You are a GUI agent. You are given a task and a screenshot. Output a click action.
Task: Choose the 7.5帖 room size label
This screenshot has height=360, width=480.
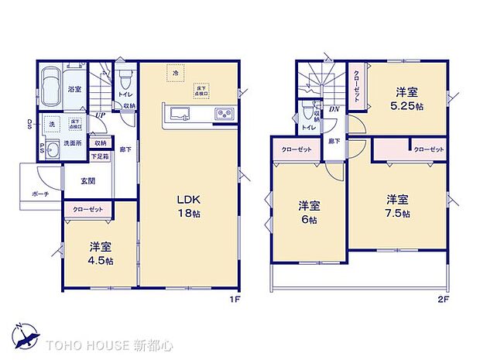[398, 205]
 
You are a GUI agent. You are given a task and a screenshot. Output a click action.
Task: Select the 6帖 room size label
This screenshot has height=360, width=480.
[310, 214]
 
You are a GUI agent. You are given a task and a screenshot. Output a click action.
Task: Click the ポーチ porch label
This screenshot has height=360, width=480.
[41, 194]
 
